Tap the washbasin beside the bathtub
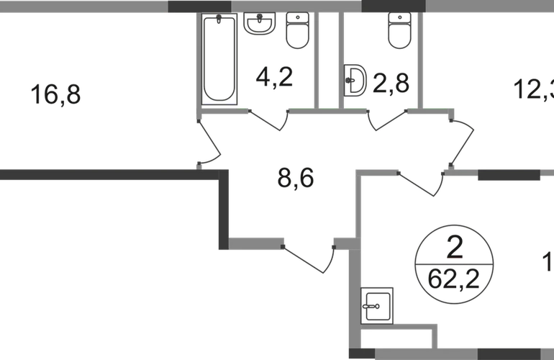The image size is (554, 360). [257, 24]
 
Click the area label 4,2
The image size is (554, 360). [273, 76]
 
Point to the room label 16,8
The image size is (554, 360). [56, 93]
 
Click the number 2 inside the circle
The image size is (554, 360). [454, 247]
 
